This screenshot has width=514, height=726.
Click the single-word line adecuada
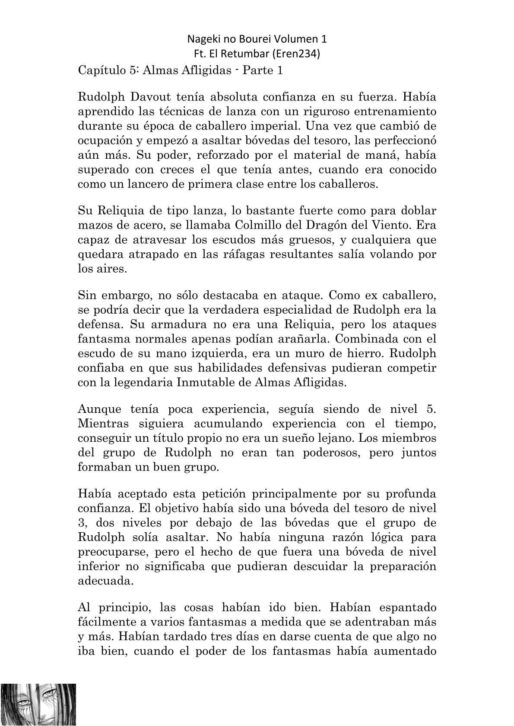[x=103, y=581]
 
